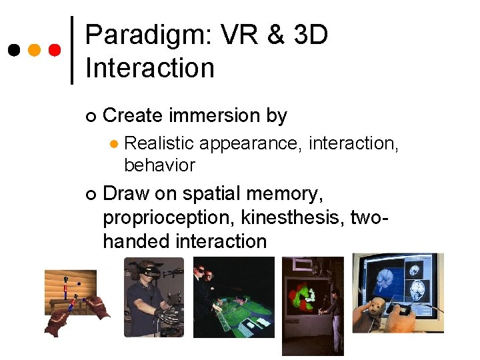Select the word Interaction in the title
click(x=150, y=67)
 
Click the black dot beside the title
click(x=13, y=50)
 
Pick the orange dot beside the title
click(x=35, y=50)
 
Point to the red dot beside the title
click(x=55, y=50)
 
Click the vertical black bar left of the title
click(x=72, y=50)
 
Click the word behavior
click(x=159, y=165)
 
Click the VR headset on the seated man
click(x=148, y=271)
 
